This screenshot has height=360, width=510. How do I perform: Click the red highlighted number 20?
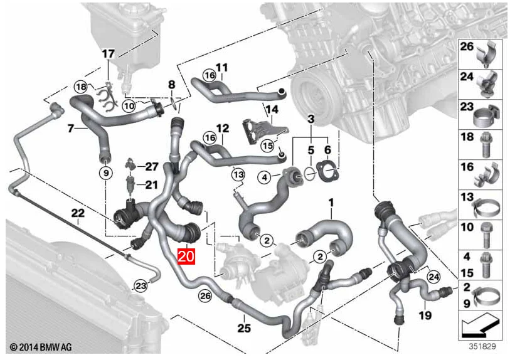point(187,256)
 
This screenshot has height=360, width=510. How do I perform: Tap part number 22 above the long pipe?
point(77,213)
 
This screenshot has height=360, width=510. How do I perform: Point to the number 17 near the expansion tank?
point(109,53)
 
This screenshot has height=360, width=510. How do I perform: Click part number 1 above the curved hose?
point(331,203)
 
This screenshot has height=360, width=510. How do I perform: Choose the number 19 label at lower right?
point(426,315)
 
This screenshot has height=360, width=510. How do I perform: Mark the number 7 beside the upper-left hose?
point(72,129)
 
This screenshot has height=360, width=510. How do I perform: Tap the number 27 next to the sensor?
point(152,166)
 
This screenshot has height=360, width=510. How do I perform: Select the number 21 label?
point(152,184)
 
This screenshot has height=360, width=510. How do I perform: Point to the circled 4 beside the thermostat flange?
point(265,177)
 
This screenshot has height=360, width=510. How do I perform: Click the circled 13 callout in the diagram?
point(238,173)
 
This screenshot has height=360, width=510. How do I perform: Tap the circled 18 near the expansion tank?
point(81,86)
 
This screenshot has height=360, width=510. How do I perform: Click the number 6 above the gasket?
point(327,151)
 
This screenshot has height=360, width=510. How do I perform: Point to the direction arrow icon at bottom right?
point(481,326)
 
